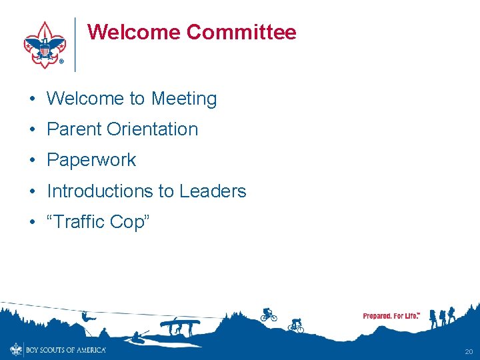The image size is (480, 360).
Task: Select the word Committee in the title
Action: pos(241,32)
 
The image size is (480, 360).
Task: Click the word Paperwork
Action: pos(91,160)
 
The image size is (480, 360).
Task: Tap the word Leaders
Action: pos(213,191)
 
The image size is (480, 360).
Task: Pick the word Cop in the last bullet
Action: pos(128,222)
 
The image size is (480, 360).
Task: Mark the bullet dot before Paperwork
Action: pos(32,161)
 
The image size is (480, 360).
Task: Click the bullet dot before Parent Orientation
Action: pos(32,130)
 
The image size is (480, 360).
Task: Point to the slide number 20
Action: pos(469,351)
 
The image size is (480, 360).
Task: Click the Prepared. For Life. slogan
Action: pos(391,315)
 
